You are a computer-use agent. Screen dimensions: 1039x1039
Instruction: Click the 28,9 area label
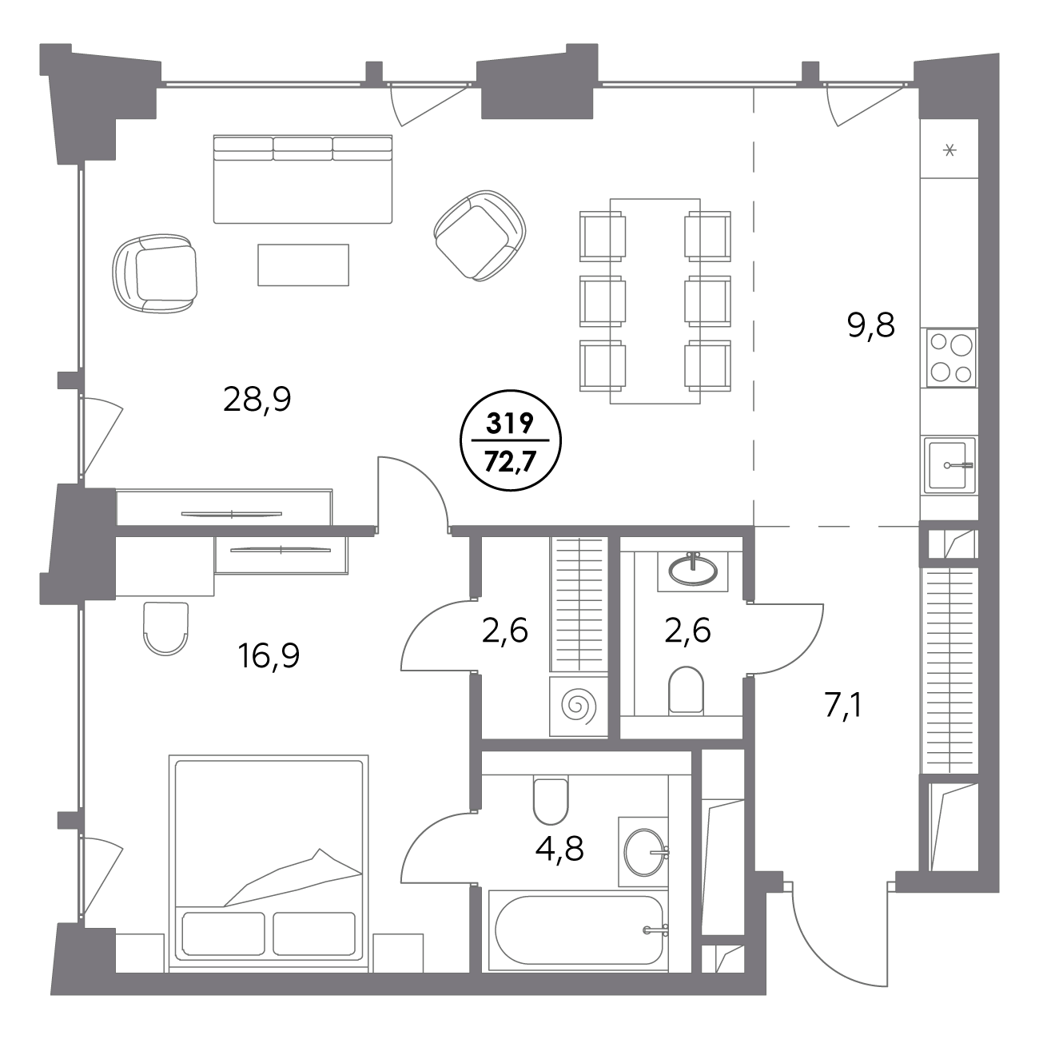pos(257,400)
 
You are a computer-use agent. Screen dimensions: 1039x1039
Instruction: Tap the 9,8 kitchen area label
pos(871,325)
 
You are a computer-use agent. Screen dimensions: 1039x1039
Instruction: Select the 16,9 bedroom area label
pos(269,656)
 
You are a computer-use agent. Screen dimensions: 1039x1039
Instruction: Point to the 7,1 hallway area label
pos(844,706)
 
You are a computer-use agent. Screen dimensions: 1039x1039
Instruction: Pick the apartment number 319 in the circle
pos(510,424)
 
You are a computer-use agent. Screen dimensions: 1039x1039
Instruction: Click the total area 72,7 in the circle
pos(510,461)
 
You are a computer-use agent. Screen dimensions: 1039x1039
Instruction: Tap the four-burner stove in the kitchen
pos(952,358)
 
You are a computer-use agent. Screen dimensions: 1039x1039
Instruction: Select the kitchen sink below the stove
pos(949,465)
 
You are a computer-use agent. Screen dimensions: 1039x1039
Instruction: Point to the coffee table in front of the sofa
pos(303,265)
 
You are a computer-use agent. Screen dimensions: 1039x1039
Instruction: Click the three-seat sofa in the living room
pos(303,179)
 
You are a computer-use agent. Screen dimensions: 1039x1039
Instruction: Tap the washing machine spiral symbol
pos(579,706)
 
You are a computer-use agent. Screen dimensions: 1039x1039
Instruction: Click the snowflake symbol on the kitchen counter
pos(949,150)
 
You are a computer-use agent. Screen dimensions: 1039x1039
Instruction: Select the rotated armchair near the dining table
pos(480,235)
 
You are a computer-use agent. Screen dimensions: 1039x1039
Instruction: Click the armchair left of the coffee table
pos(155,273)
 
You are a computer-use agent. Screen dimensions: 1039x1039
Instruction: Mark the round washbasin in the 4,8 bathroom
pos(644,852)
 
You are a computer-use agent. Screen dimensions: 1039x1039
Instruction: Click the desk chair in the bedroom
pos(166,629)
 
